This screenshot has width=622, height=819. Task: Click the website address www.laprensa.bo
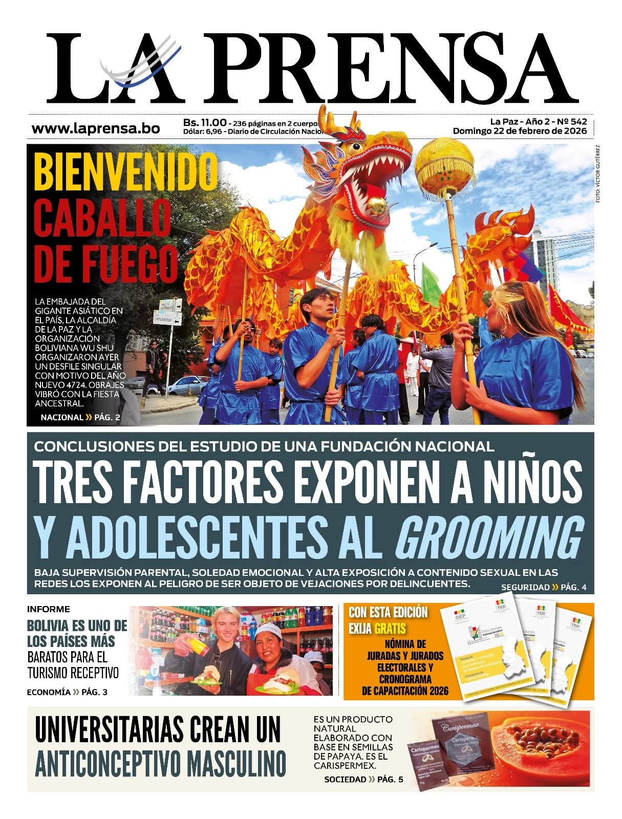coord(96,128)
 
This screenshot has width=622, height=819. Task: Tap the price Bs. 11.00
coord(205,123)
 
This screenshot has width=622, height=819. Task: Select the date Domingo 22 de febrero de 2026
coord(519,131)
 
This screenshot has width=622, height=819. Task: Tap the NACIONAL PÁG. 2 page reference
coord(80,417)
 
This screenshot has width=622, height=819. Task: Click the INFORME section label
coord(48,609)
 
